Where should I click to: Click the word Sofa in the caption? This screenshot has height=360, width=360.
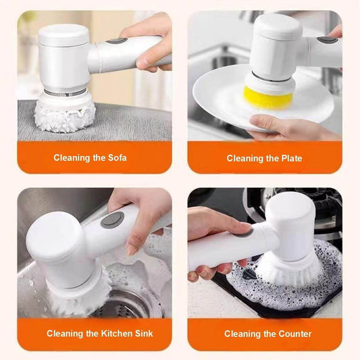(115, 158)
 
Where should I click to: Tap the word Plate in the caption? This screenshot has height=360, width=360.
(290, 158)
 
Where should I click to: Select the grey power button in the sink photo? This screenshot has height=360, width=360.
(112, 220)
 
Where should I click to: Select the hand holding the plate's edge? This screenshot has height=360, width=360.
(284, 126)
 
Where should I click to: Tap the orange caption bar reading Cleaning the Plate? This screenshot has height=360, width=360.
(264, 158)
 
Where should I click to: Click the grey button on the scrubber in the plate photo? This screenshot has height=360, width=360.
(328, 39)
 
